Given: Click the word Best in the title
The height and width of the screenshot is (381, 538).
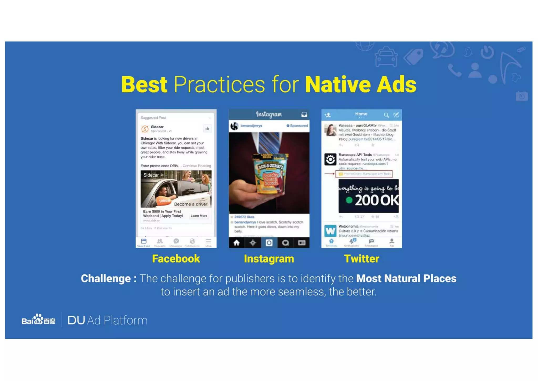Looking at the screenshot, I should pyautogui.click(x=144, y=84).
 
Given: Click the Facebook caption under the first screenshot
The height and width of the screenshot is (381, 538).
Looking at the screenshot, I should pyautogui.click(x=176, y=259).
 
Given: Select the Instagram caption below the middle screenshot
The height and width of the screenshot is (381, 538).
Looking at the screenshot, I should pyautogui.click(x=269, y=259).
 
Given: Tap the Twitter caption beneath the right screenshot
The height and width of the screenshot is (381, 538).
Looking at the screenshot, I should pyautogui.click(x=361, y=259).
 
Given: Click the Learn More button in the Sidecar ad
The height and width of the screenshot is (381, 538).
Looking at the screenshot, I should pyautogui.click(x=199, y=216).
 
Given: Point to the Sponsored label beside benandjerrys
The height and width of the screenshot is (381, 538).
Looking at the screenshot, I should pyautogui.click(x=297, y=126).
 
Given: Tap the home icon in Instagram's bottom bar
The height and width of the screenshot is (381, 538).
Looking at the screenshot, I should pyautogui.click(x=236, y=243).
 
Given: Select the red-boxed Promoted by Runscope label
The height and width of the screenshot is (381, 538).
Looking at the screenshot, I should pyautogui.click(x=364, y=174).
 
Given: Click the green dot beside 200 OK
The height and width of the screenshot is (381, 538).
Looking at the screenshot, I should pyautogui.click(x=349, y=200).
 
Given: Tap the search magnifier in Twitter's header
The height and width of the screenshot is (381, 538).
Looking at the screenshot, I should pyautogui.click(x=386, y=115).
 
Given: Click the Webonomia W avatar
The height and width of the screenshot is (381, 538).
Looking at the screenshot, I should pyautogui.click(x=330, y=231).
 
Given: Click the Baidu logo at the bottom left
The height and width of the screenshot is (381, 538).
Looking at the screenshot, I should pyautogui.click(x=38, y=320).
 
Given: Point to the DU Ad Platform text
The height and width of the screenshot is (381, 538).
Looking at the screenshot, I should pyautogui.click(x=107, y=320).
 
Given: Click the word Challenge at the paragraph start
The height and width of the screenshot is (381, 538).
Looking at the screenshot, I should pyautogui.click(x=106, y=279).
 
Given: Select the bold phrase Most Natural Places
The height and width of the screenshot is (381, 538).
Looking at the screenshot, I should pyautogui.click(x=406, y=279).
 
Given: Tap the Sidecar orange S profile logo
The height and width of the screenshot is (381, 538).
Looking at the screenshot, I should pyautogui.click(x=145, y=129).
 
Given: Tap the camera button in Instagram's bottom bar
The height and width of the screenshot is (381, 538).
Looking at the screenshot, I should pyautogui.click(x=269, y=243).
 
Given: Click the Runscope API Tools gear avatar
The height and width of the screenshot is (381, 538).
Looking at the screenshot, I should pyautogui.click(x=330, y=159).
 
